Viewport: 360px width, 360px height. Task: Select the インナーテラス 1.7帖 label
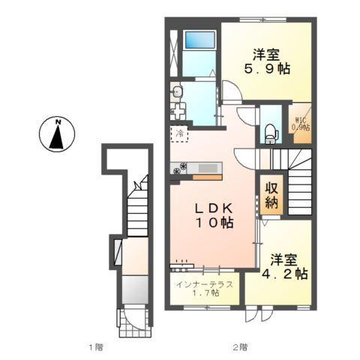(x=205, y=289)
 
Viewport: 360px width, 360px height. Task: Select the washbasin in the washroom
(x=177, y=93)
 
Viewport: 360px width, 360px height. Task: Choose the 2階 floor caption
(x=239, y=347)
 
